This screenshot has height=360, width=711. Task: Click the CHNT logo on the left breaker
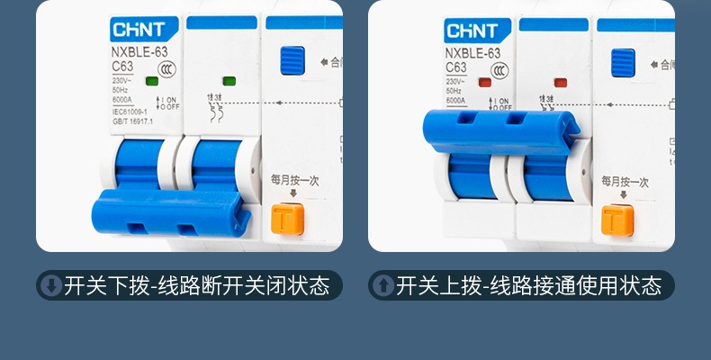[x=137, y=31]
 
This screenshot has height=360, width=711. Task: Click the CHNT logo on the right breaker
[x=472, y=31]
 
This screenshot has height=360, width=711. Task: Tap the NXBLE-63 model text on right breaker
[x=472, y=52]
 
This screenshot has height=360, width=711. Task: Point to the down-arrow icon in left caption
[x=50, y=286]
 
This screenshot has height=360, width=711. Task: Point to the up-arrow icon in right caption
[x=382, y=286]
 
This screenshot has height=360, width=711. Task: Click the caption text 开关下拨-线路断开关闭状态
[x=197, y=286]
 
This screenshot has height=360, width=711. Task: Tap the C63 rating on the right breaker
[x=456, y=67]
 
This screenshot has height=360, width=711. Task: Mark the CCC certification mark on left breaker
[x=166, y=69]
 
